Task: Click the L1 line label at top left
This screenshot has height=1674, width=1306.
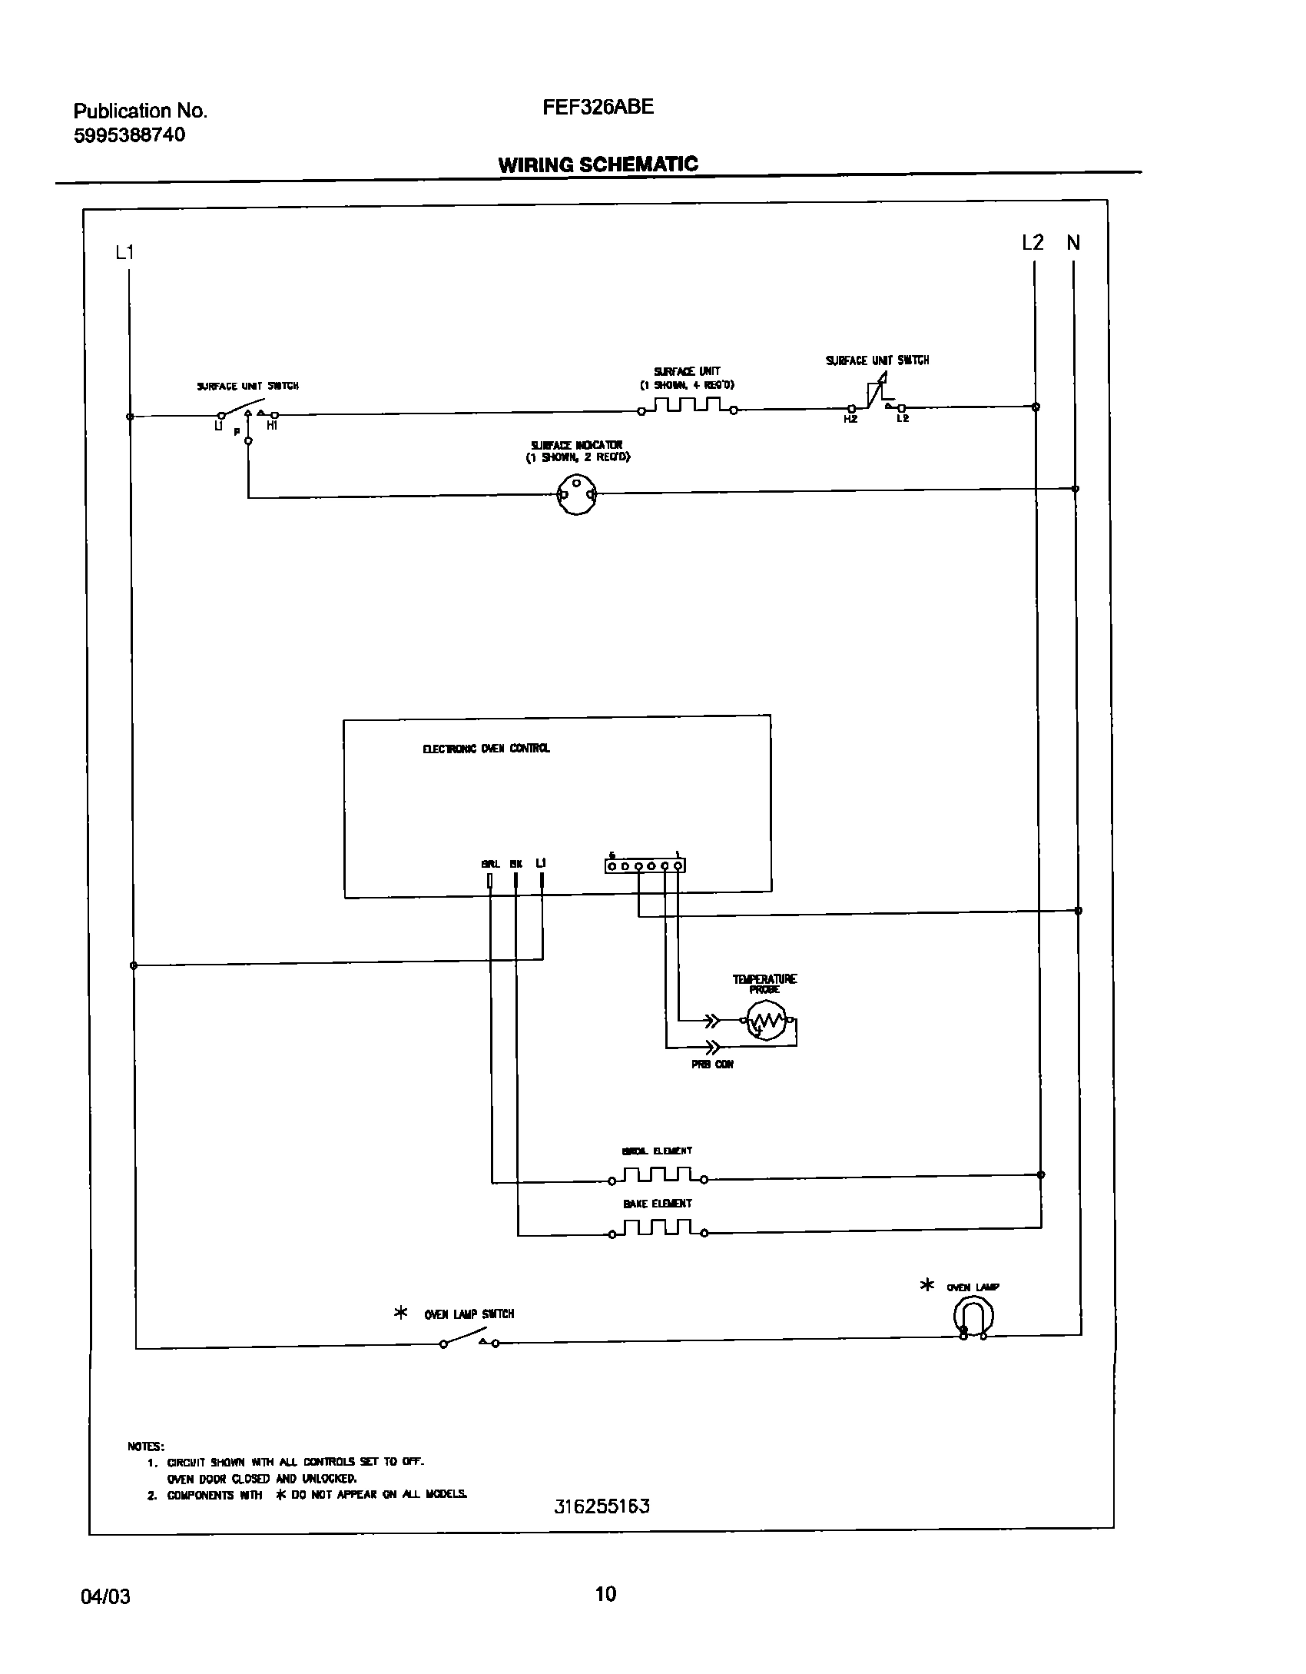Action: [x=124, y=252]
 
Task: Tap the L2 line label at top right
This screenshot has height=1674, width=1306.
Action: [x=1033, y=243]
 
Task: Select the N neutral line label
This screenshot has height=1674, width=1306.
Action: [x=1073, y=243]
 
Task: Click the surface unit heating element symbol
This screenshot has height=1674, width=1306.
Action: [x=687, y=406]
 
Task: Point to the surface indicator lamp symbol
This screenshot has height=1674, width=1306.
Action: [x=576, y=495]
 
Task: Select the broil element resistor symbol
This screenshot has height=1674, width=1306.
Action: [x=658, y=1175]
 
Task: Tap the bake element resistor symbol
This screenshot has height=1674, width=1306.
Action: [x=658, y=1229]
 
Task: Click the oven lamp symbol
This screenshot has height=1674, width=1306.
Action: [x=973, y=1317]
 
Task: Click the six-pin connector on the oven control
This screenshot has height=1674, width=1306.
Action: [x=645, y=866]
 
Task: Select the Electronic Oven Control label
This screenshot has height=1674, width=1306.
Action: [x=486, y=749]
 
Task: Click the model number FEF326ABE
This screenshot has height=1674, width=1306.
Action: [x=598, y=108]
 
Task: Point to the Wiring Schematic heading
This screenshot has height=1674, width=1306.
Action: [x=598, y=164]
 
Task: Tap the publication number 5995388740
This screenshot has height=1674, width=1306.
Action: [x=129, y=135]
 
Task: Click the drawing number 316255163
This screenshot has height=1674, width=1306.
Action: [x=602, y=1506]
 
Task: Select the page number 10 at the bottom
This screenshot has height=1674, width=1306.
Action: [x=605, y=1594]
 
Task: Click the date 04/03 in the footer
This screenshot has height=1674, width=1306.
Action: [x=105, y=1597]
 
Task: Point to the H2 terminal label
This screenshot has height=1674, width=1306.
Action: [x=850, y=419]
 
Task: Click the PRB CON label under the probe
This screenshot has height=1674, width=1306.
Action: [x=712, y=1065]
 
